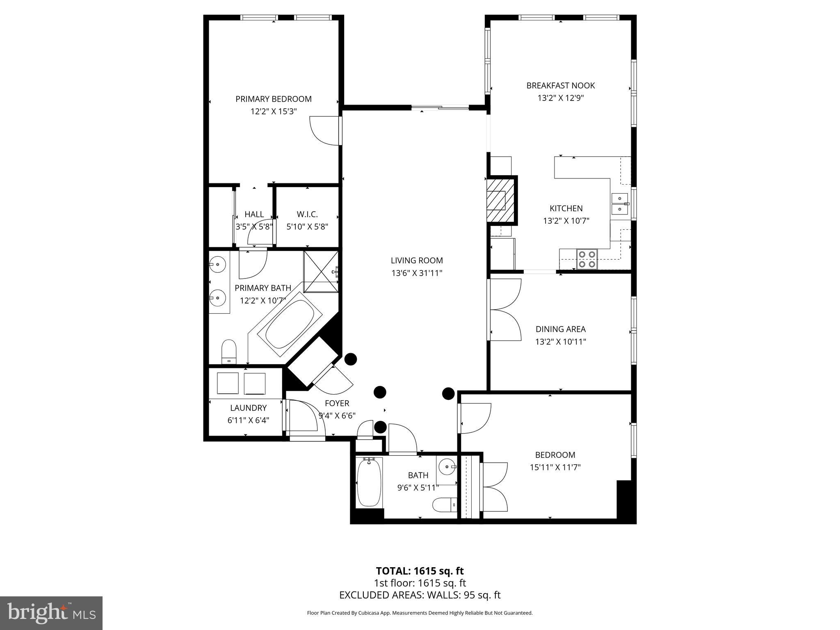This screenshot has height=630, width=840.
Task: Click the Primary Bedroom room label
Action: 273,99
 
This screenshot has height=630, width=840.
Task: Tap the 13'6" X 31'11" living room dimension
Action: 417,273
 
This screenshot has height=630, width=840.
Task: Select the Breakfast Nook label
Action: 560,85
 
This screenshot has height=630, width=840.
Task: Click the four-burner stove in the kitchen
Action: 587,259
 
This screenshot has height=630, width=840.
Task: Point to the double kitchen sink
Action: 619,204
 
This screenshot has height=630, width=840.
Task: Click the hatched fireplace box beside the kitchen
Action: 500,200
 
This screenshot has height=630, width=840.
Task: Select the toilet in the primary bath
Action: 229,352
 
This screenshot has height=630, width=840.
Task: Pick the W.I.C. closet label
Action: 307,214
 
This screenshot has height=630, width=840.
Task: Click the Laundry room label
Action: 248,408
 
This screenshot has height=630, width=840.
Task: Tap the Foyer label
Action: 337,403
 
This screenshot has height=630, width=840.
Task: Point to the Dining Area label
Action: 560,329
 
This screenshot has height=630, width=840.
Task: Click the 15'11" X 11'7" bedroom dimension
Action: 555,467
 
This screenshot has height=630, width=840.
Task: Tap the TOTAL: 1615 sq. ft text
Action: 420,571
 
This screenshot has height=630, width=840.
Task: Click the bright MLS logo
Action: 51,613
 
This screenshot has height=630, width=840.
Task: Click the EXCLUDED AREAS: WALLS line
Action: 420,595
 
